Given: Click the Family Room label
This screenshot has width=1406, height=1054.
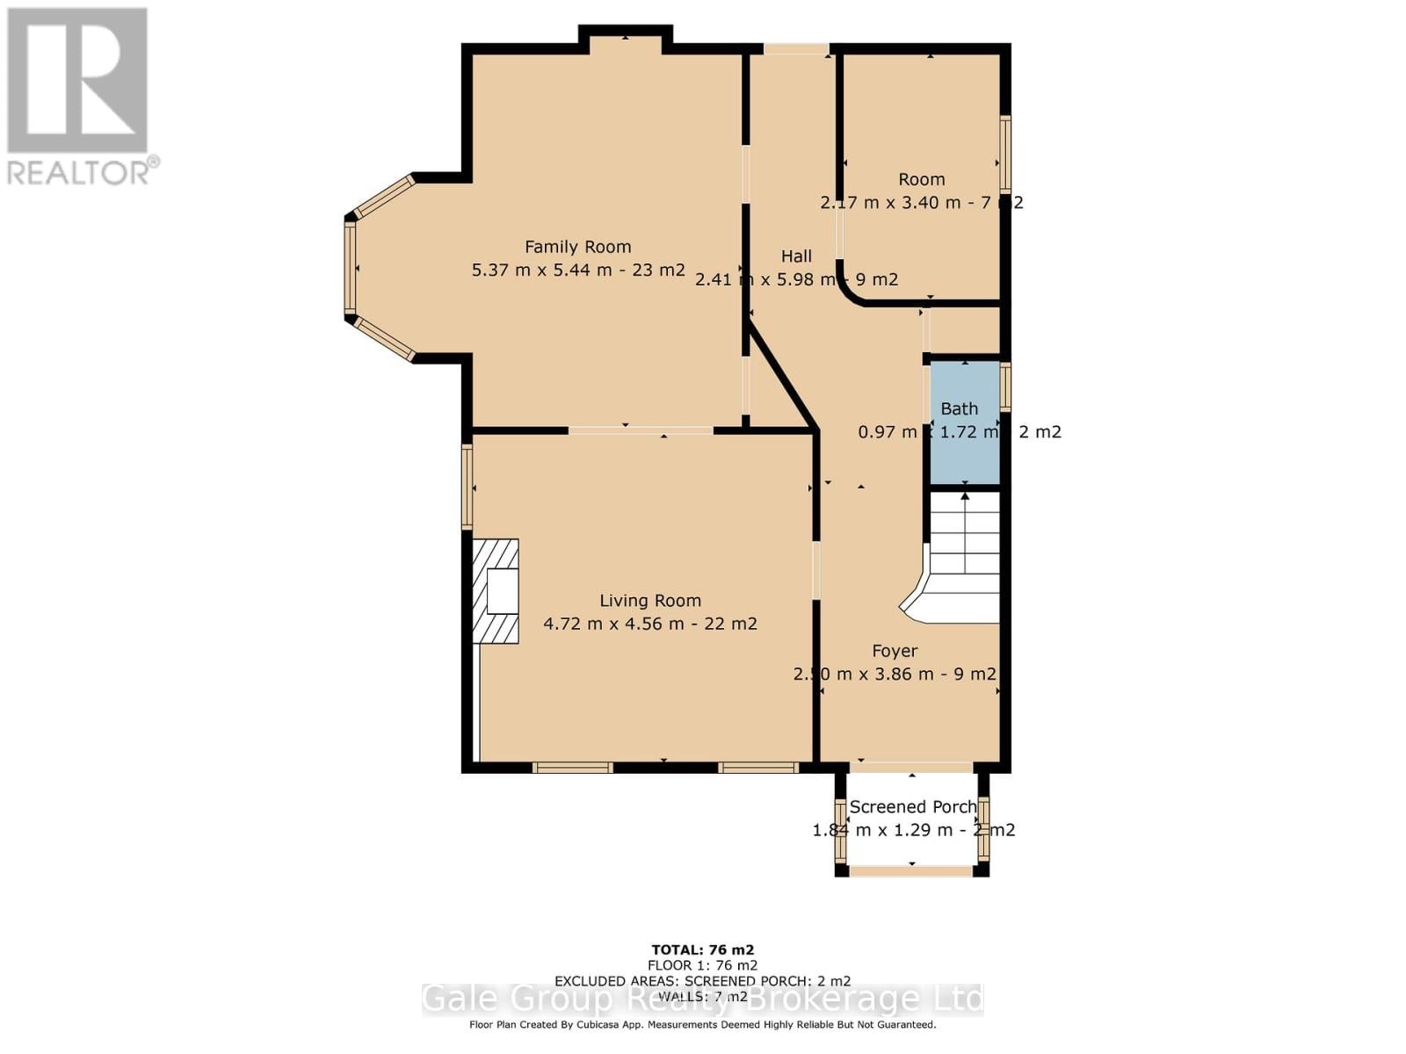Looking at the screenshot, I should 577,247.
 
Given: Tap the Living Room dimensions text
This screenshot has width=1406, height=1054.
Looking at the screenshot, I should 649,624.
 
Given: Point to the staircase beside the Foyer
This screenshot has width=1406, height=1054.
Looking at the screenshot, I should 965,553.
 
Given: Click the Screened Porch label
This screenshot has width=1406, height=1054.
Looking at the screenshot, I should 912,806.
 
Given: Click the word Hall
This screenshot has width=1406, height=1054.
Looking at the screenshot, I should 796,256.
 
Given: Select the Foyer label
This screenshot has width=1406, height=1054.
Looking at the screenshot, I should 895,651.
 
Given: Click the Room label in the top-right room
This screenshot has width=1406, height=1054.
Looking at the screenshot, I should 921,179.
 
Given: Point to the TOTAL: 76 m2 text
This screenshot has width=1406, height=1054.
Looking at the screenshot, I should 702,949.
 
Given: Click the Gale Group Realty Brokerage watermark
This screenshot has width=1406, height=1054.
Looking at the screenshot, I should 702,1000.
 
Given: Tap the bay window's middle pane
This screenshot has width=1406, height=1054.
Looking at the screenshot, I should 350,268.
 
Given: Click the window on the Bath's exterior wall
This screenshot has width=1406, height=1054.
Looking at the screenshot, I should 1005,386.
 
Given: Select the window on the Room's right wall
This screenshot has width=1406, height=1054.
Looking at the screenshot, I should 1005,154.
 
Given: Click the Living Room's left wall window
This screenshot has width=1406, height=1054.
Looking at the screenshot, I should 467,486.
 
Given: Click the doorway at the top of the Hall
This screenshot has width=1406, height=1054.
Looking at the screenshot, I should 795,49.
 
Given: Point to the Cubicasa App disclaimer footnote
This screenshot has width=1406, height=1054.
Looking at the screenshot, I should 702,1024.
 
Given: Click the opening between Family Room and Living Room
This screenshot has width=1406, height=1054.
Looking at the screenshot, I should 641,430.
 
